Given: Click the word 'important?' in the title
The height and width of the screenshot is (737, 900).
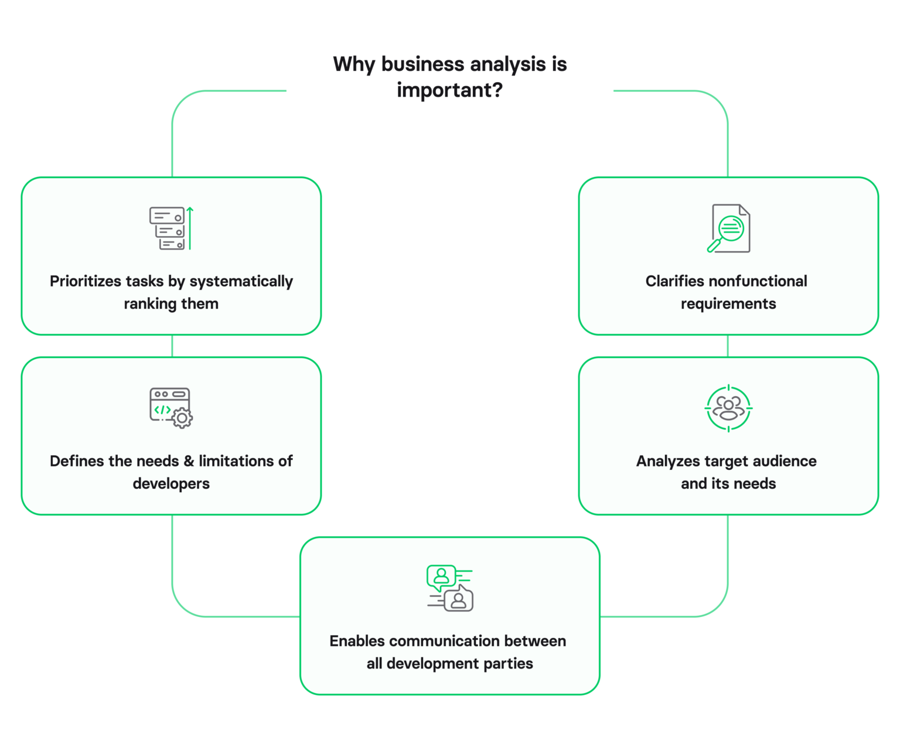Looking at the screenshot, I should (x=449, y=91).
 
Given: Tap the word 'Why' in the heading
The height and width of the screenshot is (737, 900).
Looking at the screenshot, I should (x=354, y=64).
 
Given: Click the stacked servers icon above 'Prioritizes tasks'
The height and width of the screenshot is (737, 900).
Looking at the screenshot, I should (x=168, y=228).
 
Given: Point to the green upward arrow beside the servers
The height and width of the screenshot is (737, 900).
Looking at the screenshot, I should (x=190, y=228).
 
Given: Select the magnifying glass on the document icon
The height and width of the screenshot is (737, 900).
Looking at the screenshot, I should (x=727, y=231).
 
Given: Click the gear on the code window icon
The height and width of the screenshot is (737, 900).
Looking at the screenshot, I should (x=182, y=418).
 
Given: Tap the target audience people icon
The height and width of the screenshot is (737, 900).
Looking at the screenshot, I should (x=728, y=408).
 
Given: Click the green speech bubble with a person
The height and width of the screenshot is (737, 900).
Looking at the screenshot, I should (x=441, y=577).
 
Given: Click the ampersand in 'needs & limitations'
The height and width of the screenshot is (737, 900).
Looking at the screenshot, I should (x=189, y=462).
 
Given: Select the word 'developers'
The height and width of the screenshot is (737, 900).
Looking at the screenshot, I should (x=171, y=484).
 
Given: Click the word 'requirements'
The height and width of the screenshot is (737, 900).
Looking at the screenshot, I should (x=728, y=304).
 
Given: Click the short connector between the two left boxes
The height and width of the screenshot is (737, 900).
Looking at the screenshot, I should (x=172, y=346).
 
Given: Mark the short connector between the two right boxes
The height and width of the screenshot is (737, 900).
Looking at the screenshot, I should (x=728, y=346).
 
